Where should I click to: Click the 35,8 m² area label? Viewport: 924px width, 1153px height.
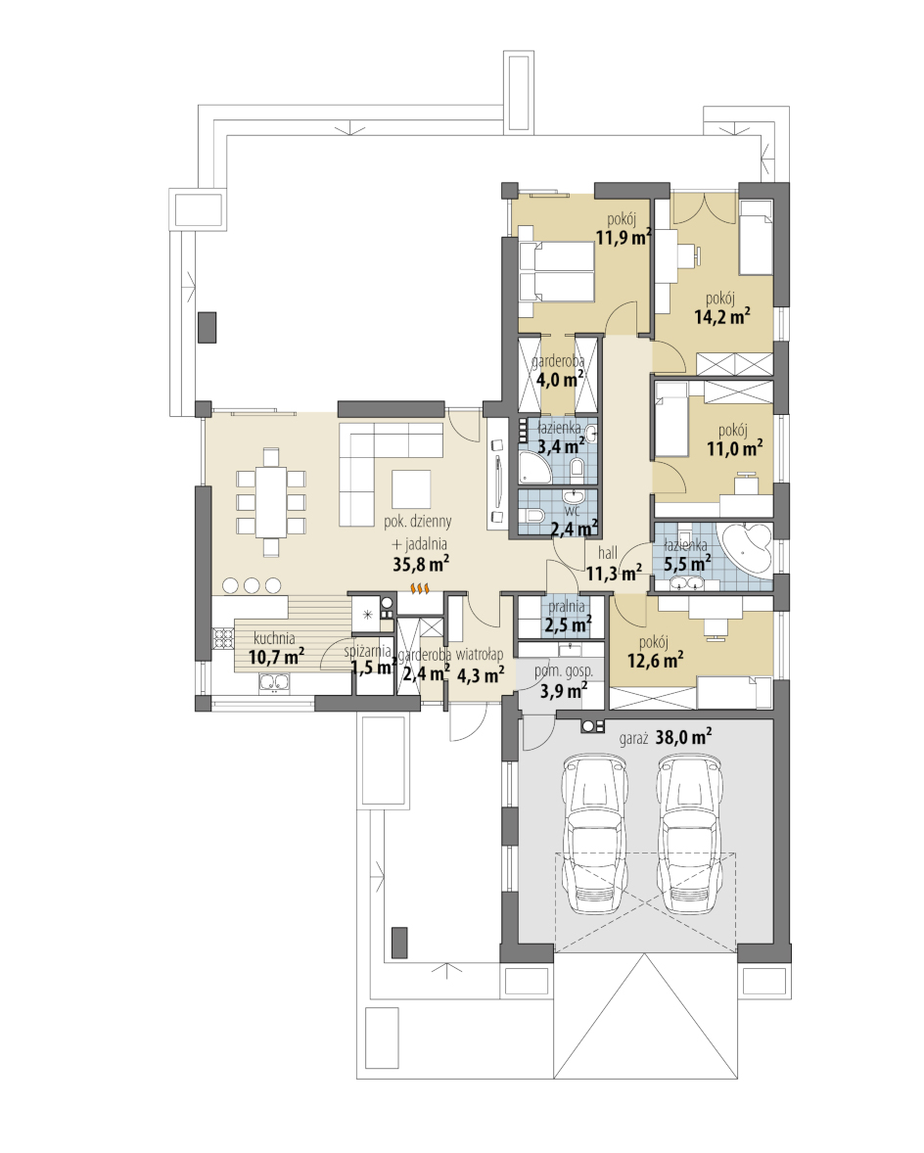421,564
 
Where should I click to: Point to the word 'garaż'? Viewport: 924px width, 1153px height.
633,738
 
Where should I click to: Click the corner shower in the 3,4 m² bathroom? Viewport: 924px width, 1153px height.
534,466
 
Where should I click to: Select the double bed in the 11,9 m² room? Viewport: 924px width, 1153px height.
557,271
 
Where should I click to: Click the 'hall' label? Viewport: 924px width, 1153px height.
607,553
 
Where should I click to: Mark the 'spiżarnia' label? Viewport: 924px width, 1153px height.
367,651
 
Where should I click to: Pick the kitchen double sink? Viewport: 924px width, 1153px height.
274,682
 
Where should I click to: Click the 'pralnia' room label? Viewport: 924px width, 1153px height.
567,607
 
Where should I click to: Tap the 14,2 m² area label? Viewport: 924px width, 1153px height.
721,316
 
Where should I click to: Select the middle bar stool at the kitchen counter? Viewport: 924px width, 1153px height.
253,585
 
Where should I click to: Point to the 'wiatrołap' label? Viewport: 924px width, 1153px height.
480,654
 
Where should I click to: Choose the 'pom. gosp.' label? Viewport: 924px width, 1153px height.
563,670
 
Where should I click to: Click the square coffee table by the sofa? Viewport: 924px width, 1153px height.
410,489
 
